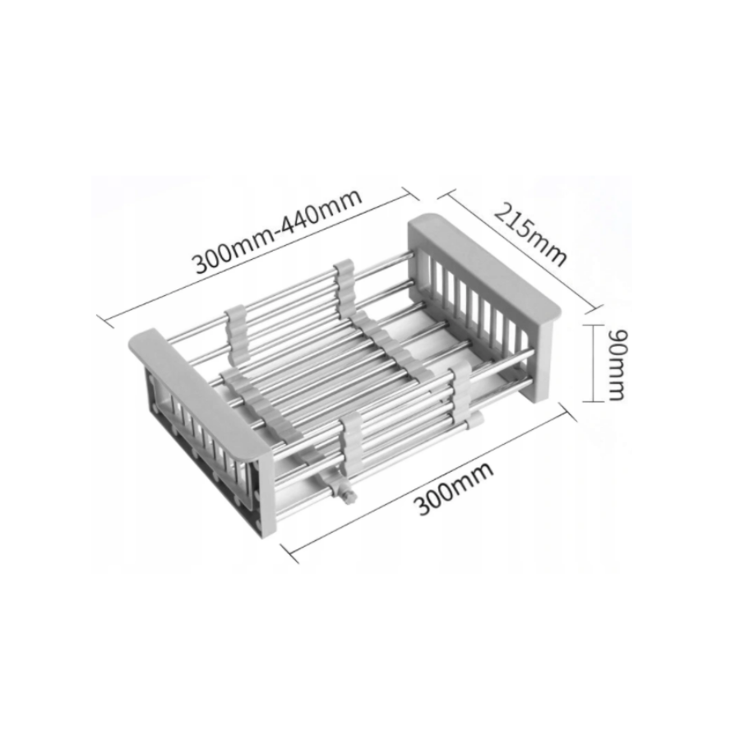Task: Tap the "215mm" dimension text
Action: pos(530,234)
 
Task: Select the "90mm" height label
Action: pos(617,364)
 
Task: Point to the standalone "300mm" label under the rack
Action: pos(454,488)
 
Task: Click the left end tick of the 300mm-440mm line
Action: pos(104,321)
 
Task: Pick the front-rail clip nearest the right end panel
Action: pos(458,396)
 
